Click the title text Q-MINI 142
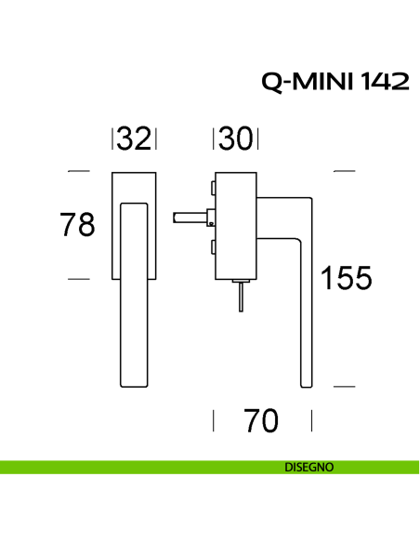[x=335, y=82]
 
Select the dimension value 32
[x=135, y=139]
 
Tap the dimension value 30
[x=236, y=139]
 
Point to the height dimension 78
[x=77, y=225]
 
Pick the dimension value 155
[x=346, y=277]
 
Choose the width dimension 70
[x=262, y=421]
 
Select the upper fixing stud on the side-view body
[x=213, y=190]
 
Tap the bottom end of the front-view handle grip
[x=134, y=381]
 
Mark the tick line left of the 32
[x=113, y=139]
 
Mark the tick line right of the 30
[x=256, y=139]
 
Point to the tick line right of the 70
[x=311, y=422]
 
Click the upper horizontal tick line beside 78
[x=79, y=171]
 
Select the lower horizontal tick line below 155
[x=345, y=385]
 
